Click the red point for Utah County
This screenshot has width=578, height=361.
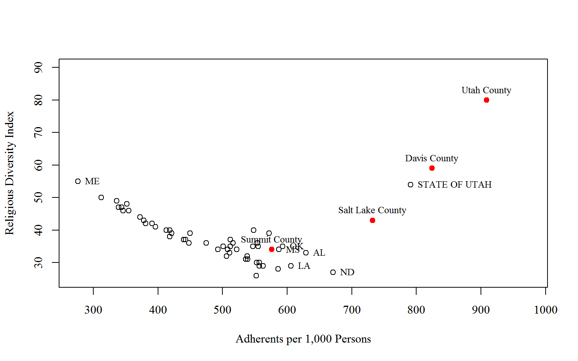[486, 100]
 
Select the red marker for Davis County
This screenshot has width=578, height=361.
[432, 168]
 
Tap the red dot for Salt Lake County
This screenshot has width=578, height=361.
[372, 220]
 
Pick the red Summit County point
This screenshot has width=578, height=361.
[272, 249]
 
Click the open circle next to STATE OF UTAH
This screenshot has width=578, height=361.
[411, 185]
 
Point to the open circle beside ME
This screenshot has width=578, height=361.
[78, 181]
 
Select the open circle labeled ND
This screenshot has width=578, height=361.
[333, 272]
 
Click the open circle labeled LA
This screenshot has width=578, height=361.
[291, 266]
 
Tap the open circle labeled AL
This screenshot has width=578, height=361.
[306, 253]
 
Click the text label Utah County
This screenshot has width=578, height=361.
[486, 90]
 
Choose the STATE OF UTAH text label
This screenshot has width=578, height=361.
[455, 185]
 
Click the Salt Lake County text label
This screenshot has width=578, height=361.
[372, 210]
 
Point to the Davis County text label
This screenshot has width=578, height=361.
[432, 158]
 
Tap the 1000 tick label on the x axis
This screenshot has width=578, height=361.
[546, 310]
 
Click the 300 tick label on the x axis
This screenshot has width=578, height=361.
[93, 310]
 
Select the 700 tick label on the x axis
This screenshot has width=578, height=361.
[352, 310]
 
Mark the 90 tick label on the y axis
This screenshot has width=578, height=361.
[38, 68]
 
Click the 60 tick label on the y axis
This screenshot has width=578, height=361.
[38, 165]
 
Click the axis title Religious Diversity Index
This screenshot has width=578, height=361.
[9, 173]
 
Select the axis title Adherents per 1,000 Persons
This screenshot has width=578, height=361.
[303, 339]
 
